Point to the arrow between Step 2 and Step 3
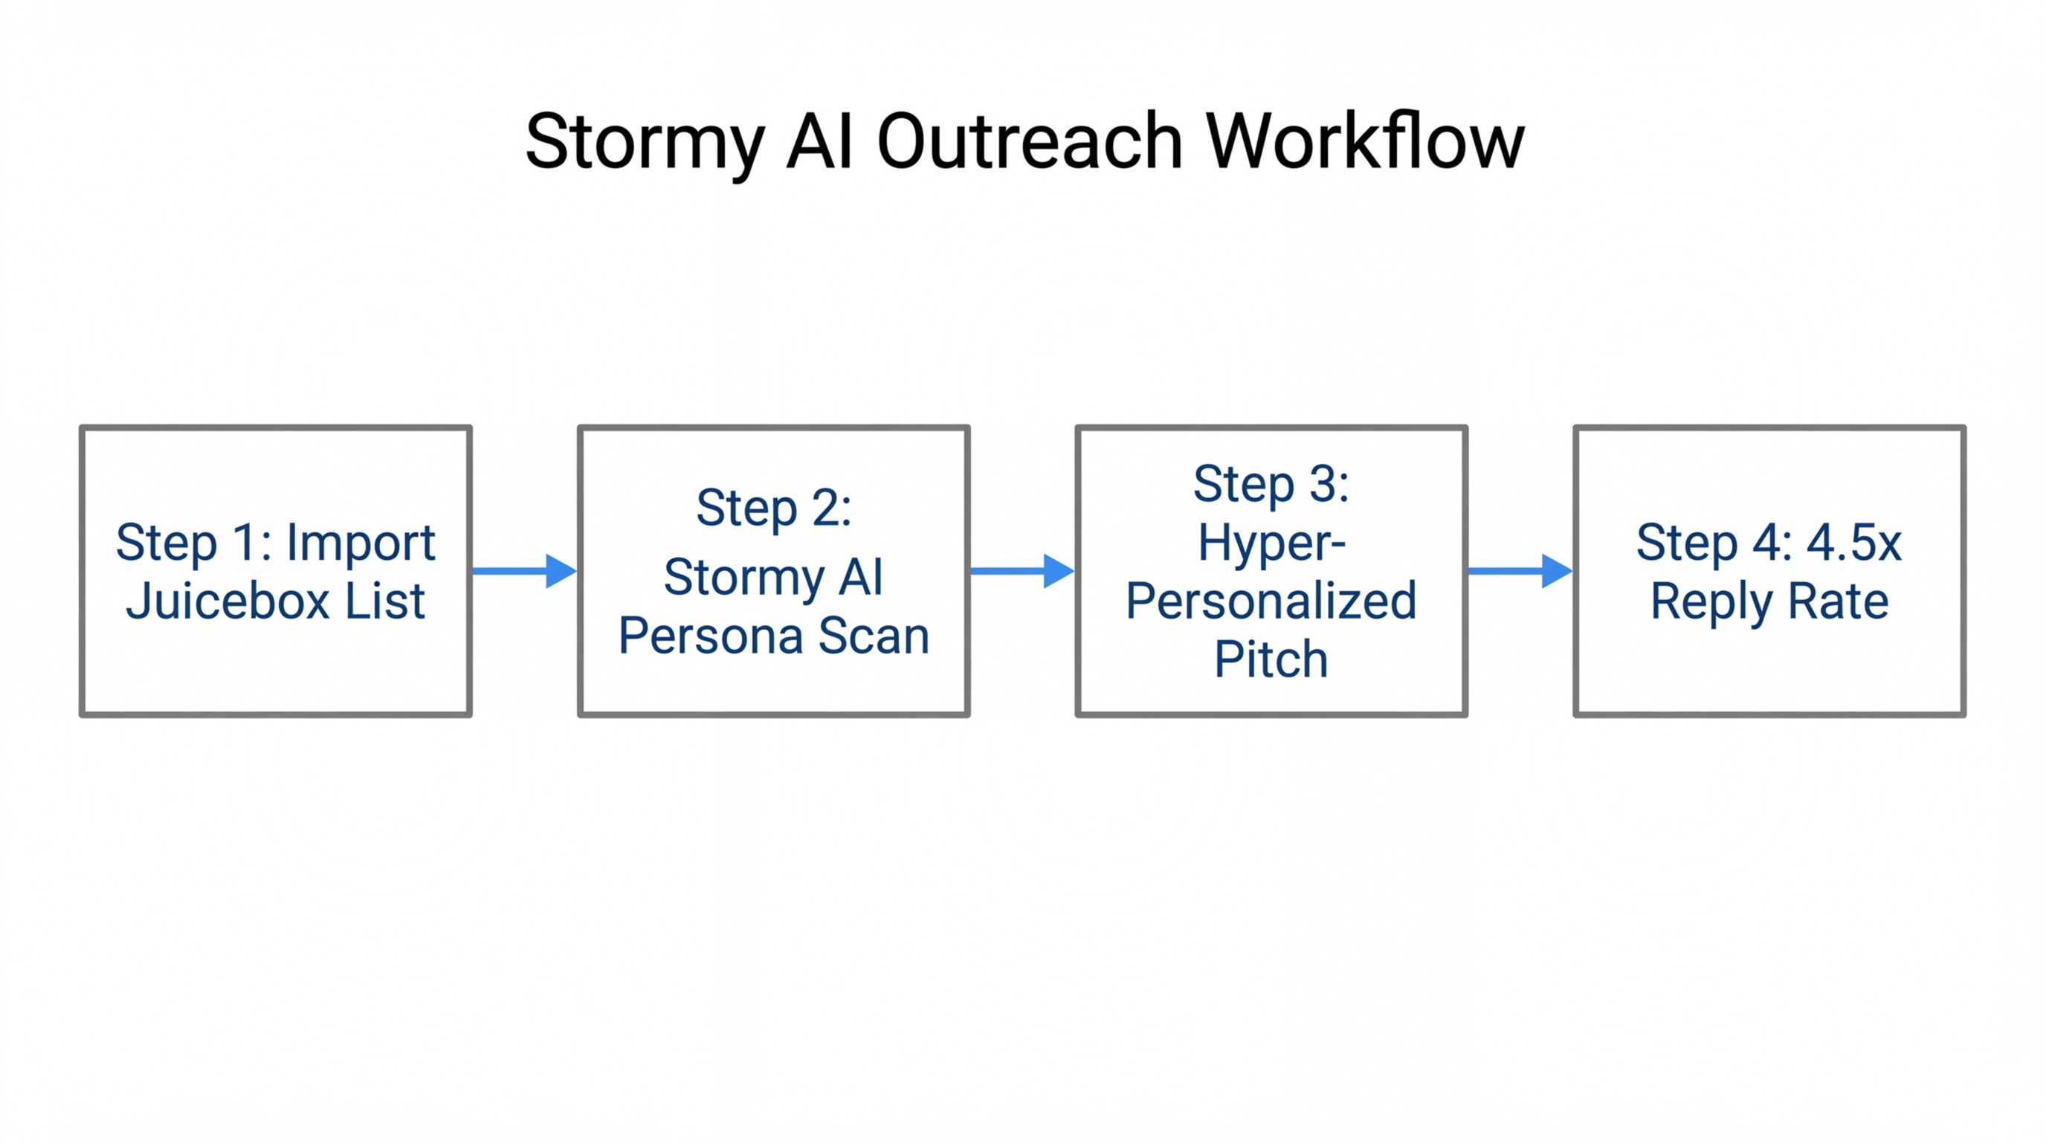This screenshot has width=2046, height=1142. click(1022, 571)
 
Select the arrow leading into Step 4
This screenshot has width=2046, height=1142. click(1520, 571)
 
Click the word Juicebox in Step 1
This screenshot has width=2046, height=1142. click(228, 601)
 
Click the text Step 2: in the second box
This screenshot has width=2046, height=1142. click(774, 509)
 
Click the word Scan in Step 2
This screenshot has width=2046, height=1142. click(874, 636)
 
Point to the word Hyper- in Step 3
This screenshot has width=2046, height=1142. click(1271, 543)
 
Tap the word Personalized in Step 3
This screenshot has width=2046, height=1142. click(1271, 601)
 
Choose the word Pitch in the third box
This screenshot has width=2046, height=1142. click(1271, 659)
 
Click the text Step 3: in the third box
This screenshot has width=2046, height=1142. click(1271, 484)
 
